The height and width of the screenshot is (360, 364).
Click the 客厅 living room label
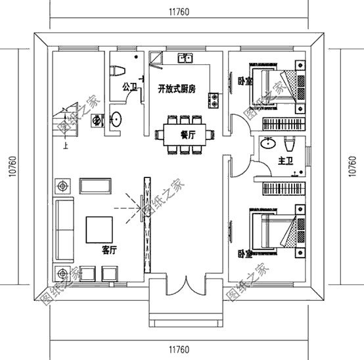click(109, 250)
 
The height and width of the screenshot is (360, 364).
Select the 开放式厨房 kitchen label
click(176, 89)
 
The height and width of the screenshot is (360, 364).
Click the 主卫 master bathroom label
click(285, 160)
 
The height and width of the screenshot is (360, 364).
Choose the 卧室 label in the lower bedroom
click(244, 252)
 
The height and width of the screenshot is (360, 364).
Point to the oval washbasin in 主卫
click(268, 144)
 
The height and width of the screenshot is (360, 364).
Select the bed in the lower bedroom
click(275, 233)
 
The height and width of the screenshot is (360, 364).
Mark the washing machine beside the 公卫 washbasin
click(97, 121)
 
